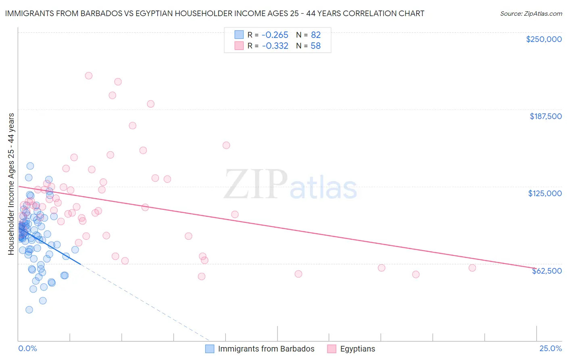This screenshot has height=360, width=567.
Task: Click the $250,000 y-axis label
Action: click(544, 39)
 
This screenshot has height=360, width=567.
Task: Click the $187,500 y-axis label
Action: click(545, 116)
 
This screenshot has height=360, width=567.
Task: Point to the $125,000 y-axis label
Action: click(545, 193)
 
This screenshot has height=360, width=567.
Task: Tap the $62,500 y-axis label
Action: click(546, 271)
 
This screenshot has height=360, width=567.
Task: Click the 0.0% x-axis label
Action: click(27, 349)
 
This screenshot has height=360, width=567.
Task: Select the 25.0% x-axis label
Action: click(550, 349)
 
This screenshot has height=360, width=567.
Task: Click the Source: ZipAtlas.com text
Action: click(531, 13)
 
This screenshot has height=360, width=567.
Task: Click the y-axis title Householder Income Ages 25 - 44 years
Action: click(11, 184)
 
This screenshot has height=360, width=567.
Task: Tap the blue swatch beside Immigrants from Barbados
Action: click(210, 349)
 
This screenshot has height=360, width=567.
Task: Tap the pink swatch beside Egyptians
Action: click(331, 349)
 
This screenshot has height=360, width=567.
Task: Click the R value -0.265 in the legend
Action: click(275, 35)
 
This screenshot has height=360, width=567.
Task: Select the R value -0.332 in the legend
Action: click(275, 46)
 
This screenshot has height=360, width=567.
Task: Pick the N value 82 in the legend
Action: click(315, 35)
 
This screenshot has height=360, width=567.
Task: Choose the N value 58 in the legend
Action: click(315, 46)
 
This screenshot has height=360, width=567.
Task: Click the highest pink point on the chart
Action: click(89, 75)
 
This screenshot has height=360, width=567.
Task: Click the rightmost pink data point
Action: click(472, 268)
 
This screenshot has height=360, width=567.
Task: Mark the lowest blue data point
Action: click(29, 310)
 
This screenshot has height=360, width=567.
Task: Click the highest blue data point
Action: click(30, 166)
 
